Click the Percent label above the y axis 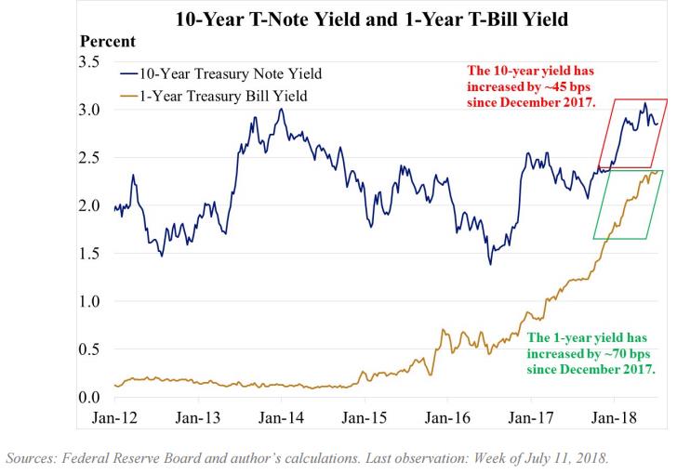[x=108, y=42]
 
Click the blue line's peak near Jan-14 [x=281, y=109]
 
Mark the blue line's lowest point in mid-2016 [x=490, y=264]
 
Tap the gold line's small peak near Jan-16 [x=442, y=330]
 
